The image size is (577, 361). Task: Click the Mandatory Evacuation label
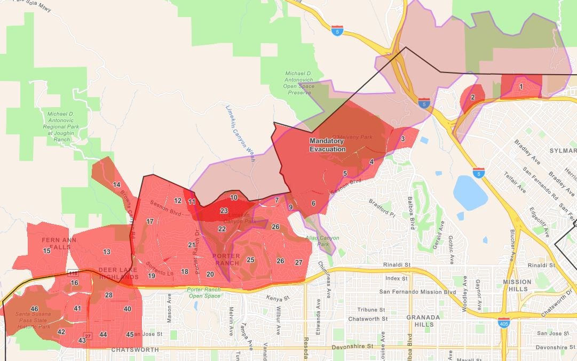[328, 145]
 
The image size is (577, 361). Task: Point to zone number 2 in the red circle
[472, 97]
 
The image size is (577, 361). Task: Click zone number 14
[116, 184]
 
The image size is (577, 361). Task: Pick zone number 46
[34, 309]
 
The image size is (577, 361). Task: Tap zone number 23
[224, 211]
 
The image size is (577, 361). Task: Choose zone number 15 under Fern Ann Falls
[47, 251]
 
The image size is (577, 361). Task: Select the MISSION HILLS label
[517, 285]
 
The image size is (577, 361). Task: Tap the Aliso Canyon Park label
[322, 241]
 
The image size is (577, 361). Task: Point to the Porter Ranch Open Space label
[204, 293]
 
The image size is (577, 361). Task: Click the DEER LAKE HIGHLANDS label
[118, 273]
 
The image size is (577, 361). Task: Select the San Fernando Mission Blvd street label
[417, 292]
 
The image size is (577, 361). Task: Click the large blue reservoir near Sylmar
[470, 192]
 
